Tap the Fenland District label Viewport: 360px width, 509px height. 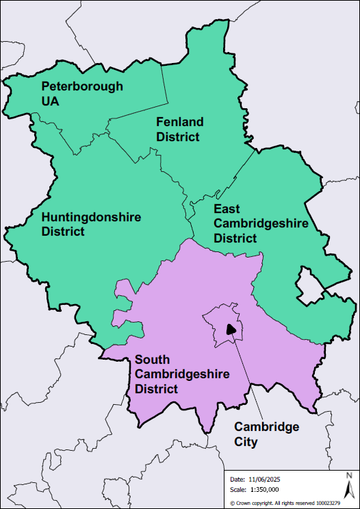pos(179,129)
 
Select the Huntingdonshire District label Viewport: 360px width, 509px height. pos(91,224)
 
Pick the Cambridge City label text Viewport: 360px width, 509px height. pos(266,434)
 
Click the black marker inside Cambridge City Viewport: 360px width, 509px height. pos(231,330)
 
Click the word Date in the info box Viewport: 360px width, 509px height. pos(237,479)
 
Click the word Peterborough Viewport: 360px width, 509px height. pos(82,86)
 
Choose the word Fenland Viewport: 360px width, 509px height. pos(179,122)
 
